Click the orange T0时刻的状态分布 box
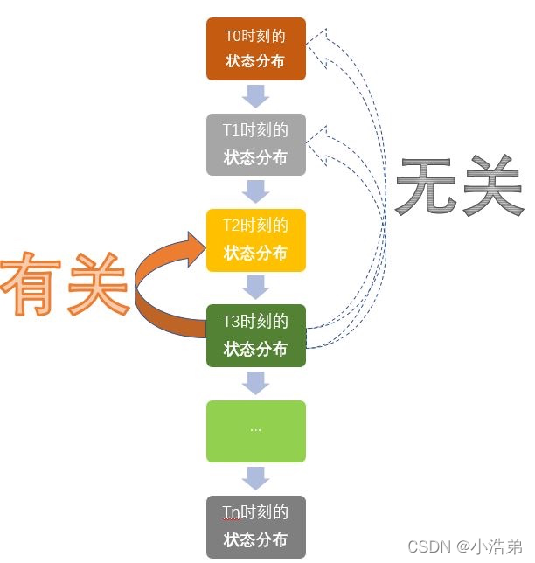(256, 49)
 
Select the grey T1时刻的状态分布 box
(256, 144)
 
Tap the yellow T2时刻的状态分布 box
(256, 240)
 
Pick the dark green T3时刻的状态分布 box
(256, 335)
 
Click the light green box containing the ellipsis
(256, 431)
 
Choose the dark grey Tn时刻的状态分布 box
(256, 526)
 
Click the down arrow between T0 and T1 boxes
(256, 96)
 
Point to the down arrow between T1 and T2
(256, 191)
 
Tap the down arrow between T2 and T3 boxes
(256, 287)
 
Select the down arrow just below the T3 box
(256, 383)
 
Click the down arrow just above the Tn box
(256, 478)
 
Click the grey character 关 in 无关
(491, 186)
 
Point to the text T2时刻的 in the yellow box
(255, 226)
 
